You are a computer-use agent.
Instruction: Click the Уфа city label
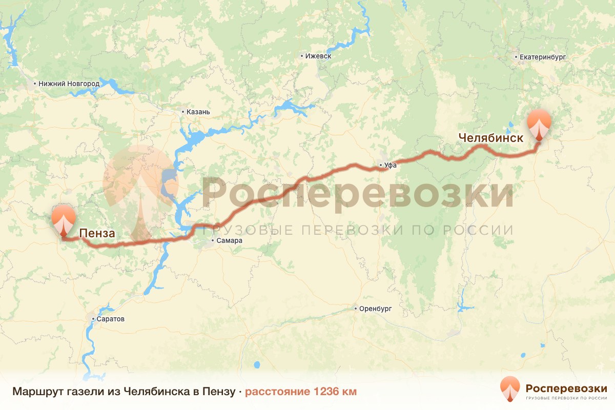pyautogui.click(x=391, y=166)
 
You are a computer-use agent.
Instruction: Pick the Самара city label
pyautogui.click(x=229, y=240)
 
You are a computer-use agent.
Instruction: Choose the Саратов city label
pyautogui.click(x=110, y=319)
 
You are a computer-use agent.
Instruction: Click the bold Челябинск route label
pyautogui.click(x=491, y=138)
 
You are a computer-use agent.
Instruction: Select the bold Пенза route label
pyautogui.click(x=97, y=234)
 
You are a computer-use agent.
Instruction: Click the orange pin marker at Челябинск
pyautogui.click(x=540, y=123)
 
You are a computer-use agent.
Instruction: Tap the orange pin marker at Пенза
pyautogui.click(x=63, y=219)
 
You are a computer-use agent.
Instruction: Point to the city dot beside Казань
pyautogui.click(x=183, y=112)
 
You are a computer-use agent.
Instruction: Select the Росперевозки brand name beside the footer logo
pyautogui.click(x=566, y=387)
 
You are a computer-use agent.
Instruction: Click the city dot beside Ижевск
pyautogui.click(x=302, y=55)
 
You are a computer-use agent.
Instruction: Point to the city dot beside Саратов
pyautogui.click(x=93, y=319)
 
